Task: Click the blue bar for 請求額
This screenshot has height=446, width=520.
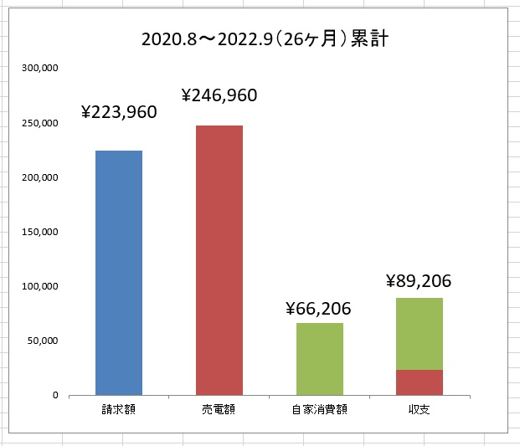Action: [x=119, y=272]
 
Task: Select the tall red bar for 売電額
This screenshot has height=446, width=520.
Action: [x=219, y=259]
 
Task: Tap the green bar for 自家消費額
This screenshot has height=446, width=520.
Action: [x=319, y=358]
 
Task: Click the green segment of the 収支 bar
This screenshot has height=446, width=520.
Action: [x=420, y=333]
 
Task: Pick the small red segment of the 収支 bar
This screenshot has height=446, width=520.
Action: [x=420, y=382]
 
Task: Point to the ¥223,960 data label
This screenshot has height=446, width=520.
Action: [x=119, y=112]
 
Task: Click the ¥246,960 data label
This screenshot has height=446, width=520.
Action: [x=219, y=95]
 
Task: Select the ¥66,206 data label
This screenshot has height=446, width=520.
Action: [x=318, y=309]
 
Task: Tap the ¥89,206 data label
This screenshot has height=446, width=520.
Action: [x=419, y=281]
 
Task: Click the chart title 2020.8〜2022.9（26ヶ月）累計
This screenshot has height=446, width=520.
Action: [x=264, y=39]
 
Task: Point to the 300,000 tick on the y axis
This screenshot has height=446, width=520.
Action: [x=39, y=69]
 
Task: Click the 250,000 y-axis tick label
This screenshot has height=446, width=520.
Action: [x=39, y=123]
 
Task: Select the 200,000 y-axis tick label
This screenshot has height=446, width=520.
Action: [x=39, y=177]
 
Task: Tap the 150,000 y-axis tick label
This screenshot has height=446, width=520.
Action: [x=39, y=232]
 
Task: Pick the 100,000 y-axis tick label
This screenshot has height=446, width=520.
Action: [x=39, y=286]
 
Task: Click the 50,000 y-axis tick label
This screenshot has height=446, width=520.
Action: [x=41, y=341]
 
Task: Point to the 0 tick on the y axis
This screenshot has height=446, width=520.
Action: [x=54, y=395]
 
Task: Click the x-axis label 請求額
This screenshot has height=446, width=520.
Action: [x=118, y=410]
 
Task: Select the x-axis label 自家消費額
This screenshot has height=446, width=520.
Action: [x=319, y=410]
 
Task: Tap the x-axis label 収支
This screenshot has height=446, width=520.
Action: [x=419, y=410]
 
